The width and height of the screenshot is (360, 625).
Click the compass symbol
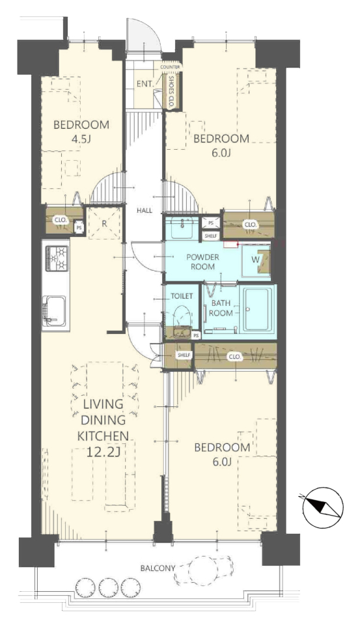tap(322, 507)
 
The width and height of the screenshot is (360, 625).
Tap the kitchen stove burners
tap(57, 258)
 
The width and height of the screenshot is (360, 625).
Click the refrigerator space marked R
tap(104, 223)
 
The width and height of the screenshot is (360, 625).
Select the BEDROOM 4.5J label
tap(81, 132)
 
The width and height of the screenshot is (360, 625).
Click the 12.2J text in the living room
tap(104, 452)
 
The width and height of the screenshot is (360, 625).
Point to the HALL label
tap(145, 210)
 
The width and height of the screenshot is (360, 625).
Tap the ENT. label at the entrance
tap(145, 84)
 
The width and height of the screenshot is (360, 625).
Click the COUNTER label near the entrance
tap(170, 67)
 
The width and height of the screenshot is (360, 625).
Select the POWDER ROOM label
tap(202, 262)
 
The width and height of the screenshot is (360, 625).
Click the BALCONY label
tap(158, 568)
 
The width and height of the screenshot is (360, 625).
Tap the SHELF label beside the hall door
tap(184, 355)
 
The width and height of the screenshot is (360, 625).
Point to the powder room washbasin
tap(182, 228)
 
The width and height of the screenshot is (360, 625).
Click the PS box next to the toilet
tap(196, 336)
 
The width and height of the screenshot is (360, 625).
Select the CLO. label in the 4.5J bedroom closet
tap(61, 220)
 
